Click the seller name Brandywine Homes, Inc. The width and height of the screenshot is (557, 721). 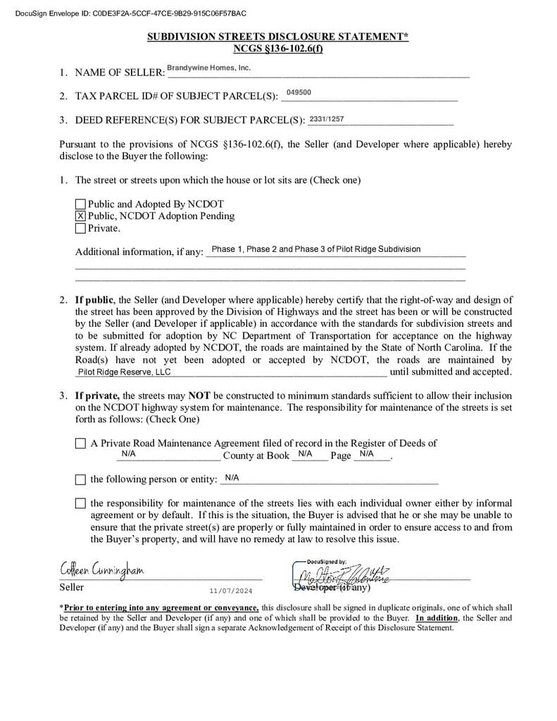(x=208, y=68)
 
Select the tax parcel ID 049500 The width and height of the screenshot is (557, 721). (x=299, y=92)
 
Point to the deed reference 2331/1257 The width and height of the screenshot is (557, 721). (x=327, y=119)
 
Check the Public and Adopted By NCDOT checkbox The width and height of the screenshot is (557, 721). (x=80, y=204)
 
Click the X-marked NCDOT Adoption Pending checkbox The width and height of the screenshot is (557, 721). (x=80, y=216)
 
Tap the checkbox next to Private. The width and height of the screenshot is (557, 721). (x=80, y=228)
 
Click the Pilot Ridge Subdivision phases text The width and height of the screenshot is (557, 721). (x=316, y=249)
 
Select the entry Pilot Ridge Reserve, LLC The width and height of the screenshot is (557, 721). (x=124, y=372)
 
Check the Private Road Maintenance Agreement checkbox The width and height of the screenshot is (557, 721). (x=80, y=444)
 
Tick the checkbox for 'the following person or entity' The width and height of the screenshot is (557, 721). (x=80, y=479)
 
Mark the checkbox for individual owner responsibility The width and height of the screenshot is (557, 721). (x=80, y=503)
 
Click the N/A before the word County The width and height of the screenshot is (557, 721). (x=128, y=454)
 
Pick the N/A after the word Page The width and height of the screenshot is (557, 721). (x=366, y=454)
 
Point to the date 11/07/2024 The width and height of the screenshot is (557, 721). (x=230, y=591)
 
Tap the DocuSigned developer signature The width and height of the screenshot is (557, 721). (x=343, y=574)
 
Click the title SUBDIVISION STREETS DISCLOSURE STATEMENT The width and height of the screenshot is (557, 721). (x=277, y=37)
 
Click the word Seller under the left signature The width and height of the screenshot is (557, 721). (x=71, y=587)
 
